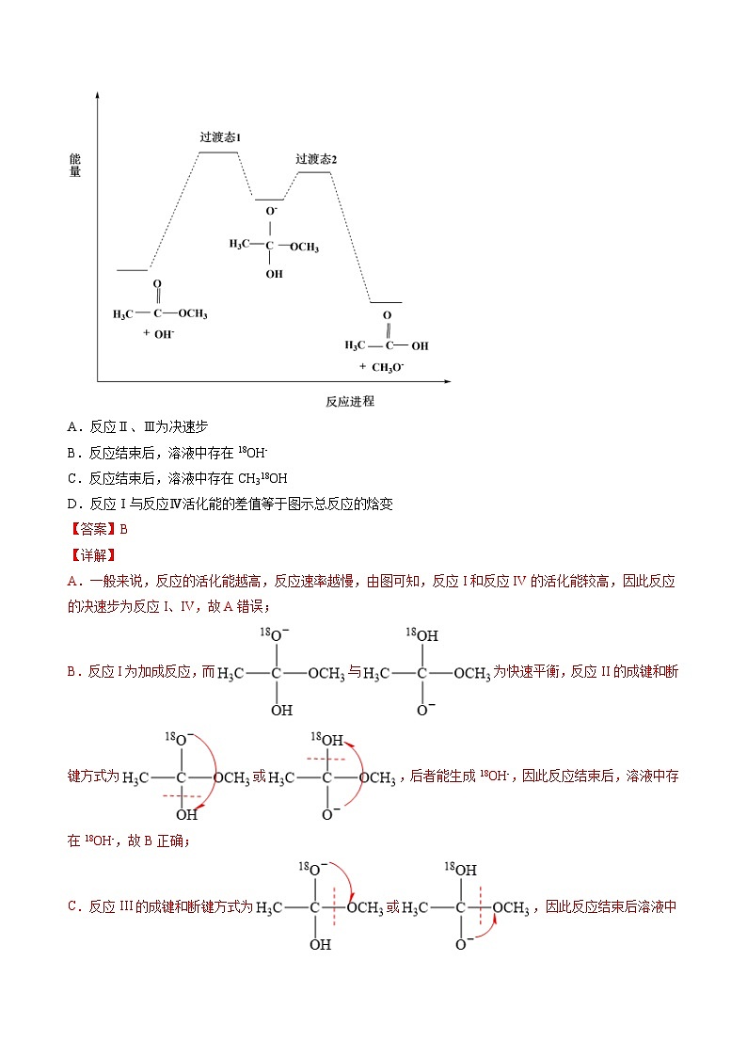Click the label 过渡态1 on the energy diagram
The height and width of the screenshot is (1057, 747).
pos(220,137)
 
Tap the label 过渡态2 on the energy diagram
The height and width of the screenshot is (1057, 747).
pos(316,159)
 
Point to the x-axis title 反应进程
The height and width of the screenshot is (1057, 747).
pos(350,401)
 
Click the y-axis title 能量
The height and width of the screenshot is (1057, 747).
pos(75,165)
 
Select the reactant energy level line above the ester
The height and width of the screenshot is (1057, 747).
pos(133,270)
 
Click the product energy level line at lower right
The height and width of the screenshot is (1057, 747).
pos(386,303)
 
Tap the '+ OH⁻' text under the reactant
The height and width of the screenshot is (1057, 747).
pos(158,334)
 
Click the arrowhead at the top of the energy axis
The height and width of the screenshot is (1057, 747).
pos(98,95)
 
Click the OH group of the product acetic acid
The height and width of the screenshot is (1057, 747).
pos(420,346)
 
